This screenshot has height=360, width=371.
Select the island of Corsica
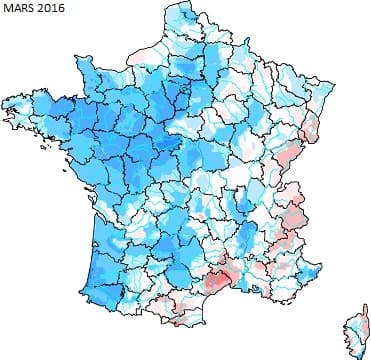pos(355,325)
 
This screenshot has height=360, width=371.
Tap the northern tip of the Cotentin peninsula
pos(103,61)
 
